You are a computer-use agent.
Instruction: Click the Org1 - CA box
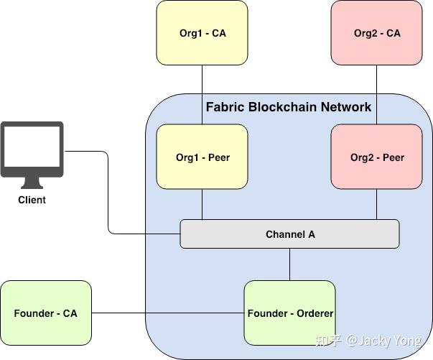202,33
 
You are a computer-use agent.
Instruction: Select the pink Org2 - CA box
377,33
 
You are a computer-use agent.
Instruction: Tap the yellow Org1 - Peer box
202,157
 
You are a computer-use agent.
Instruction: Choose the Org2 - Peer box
377,157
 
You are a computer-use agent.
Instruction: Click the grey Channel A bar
289,234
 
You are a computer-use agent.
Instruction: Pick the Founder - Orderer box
289,313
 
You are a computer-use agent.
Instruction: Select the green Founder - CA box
46,313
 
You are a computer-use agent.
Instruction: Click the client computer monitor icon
32,149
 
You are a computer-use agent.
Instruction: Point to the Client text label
32,200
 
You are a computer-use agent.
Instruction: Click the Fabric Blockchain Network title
289,107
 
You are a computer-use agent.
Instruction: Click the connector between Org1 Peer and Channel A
202,205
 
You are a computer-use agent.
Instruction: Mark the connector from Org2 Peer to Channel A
377,205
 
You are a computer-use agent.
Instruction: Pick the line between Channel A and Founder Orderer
289,264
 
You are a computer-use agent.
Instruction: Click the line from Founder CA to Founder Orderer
168,313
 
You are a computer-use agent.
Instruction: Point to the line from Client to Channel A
108,194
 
